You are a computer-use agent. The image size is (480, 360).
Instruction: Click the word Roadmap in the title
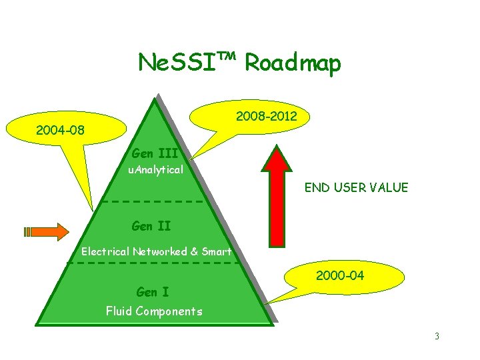pos(293,63)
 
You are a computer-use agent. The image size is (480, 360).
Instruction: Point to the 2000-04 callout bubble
pos(344,275)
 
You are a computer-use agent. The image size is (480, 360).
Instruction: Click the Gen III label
pos(155,153)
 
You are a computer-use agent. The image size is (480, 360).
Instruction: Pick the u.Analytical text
pos(155,170)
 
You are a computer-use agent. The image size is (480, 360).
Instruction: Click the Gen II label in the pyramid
pos(151,226)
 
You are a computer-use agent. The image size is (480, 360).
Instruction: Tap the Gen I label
pos(152,292)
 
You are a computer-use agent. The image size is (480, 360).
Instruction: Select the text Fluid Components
pos(154,311)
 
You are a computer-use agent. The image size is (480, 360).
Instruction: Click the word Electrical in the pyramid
pos(105,252)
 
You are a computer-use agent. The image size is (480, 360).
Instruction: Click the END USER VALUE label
pos(356,188)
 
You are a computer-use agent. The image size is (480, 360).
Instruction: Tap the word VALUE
pos(390,188)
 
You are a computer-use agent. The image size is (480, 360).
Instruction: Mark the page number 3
pos(437,337)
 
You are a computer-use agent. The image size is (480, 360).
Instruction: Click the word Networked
pos(161,252)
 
